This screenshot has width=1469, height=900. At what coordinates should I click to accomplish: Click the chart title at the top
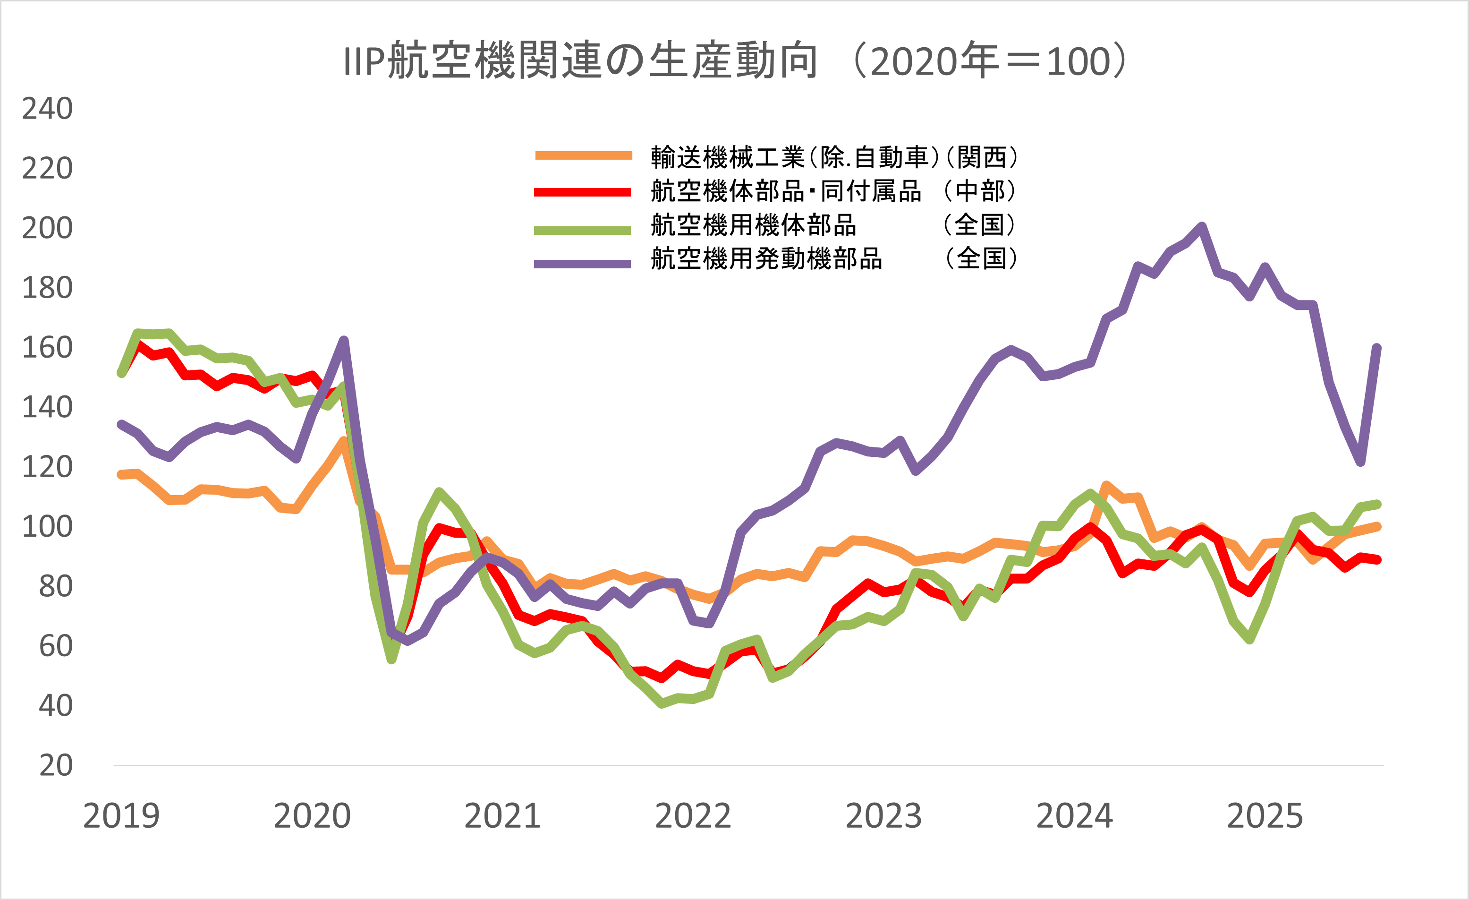pos(735,61)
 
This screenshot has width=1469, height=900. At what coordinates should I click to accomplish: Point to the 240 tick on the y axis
pos(47,109)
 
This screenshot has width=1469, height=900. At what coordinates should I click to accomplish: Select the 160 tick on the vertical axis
pos(47,347)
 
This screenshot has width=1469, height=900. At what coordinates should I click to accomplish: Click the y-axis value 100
pos(47,527)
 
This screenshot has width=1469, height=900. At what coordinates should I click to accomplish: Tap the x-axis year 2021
pos(502,816)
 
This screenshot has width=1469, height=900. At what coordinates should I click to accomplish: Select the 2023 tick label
pos(883,816)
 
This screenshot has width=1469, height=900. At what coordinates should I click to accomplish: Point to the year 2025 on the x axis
pos(1265,816)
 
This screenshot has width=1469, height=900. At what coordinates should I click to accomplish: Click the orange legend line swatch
pos(583,155)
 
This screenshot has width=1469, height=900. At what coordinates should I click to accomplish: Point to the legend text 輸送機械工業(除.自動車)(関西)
pos(835,157)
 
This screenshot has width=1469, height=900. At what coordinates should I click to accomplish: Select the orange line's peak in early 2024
pos(1106,486)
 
